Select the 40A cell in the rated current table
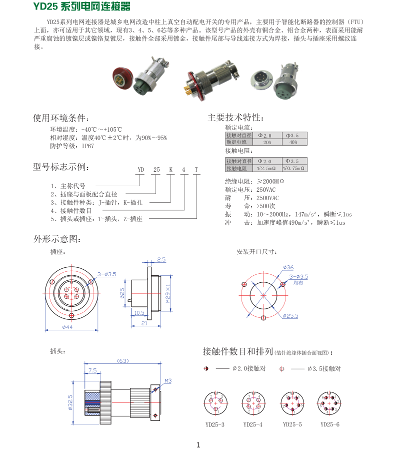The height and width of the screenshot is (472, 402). click(293, 142)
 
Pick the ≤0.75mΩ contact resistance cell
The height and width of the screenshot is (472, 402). click(293, 168)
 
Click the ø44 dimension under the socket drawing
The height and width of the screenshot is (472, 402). click(67, 327)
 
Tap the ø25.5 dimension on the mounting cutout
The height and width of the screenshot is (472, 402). click(290, 316)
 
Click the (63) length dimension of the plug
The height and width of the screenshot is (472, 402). click(122, 360)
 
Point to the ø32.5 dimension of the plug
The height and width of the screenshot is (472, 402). click(70, 402)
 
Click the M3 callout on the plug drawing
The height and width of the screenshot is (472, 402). click(168, 381)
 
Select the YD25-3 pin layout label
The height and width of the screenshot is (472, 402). click(215, 424)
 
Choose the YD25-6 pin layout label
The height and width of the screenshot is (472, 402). click(330, 424)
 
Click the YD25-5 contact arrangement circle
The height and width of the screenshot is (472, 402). click(292, 403)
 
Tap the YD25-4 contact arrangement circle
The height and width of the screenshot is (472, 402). click(253, 403)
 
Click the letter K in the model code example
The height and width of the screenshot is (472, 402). click(170, 170)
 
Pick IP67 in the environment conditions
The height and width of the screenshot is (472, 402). click(87, 146)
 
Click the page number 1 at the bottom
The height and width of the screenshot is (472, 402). click(198, 445)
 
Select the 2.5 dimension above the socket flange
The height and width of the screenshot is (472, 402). click(161, 260)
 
